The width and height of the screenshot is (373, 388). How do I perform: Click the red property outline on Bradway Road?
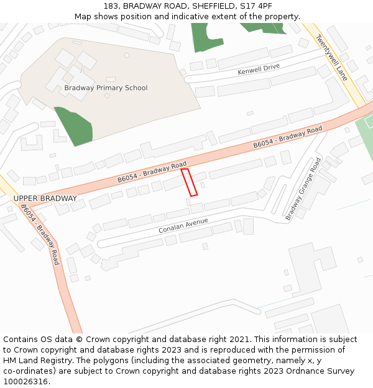[x=189, y=183]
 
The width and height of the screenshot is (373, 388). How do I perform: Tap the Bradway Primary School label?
[x=106, y=88]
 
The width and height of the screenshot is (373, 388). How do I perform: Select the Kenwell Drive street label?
[x=259, y=69]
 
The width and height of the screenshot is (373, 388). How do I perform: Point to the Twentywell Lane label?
[x=331, y=57]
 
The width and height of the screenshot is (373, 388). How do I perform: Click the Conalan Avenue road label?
[x=183, y=225]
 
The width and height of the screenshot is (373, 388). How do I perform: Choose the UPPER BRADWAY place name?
[x=45, y=199]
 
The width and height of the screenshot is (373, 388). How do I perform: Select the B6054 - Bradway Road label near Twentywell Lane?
[x=288, y=137]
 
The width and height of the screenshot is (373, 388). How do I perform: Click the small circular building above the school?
[x=127, y=55]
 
